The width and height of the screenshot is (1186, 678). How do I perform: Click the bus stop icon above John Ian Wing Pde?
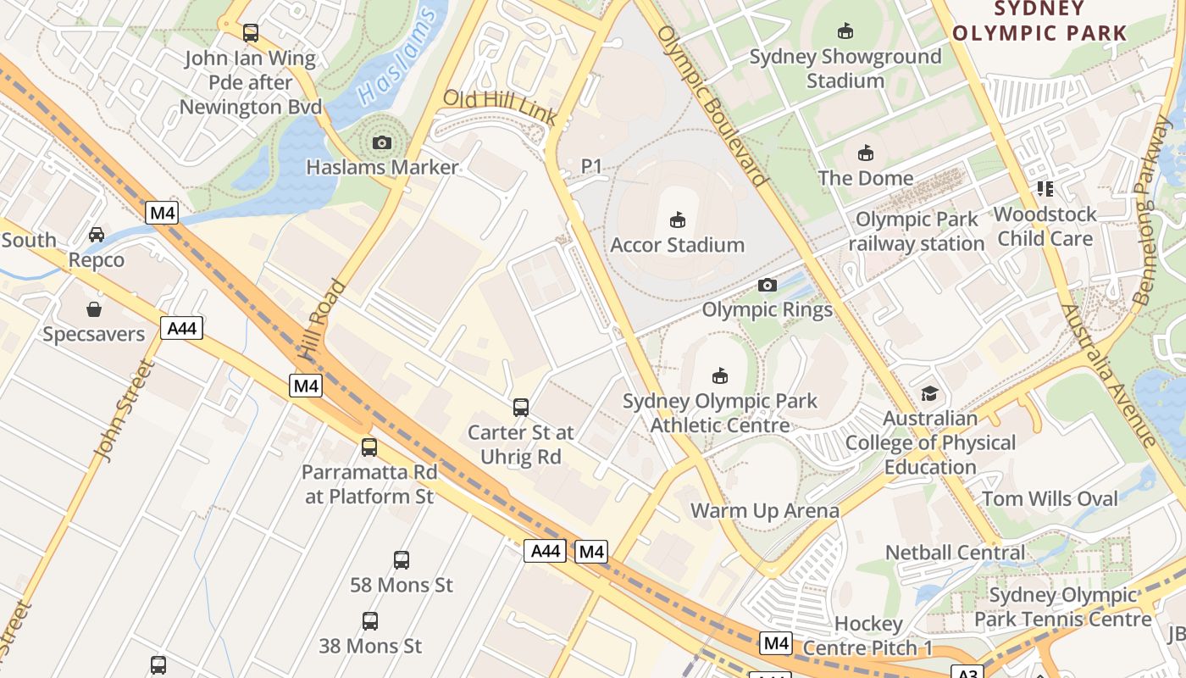[251, 33]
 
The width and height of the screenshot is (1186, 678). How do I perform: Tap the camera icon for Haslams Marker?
[382, 142]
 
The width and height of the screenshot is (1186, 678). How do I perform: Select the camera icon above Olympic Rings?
[768, 286]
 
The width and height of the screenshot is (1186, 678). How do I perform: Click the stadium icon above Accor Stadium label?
[677, 220]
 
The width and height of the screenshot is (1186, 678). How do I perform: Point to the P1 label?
[591, 167]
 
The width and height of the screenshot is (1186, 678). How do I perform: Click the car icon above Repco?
[97, 235]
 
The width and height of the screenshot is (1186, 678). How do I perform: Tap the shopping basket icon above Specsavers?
[94, 309]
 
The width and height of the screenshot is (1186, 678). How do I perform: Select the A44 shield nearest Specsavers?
[182, 328]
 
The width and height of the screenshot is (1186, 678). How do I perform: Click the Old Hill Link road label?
[500, 108]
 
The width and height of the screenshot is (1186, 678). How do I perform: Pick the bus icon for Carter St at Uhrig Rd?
[521, 408]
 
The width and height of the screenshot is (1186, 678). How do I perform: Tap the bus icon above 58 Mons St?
[402, 560]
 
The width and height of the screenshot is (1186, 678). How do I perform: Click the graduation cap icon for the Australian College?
[929, 394]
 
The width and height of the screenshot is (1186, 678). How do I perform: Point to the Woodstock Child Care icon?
[1045, 189]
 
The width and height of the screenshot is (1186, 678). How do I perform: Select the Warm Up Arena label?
[765, 510]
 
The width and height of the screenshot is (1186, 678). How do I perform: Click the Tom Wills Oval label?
[1050, 498]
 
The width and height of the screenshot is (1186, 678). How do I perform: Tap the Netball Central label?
[955, 553]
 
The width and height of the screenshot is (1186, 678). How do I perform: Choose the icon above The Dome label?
[865, 153]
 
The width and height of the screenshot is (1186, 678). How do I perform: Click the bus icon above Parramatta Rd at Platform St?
[369, 447]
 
